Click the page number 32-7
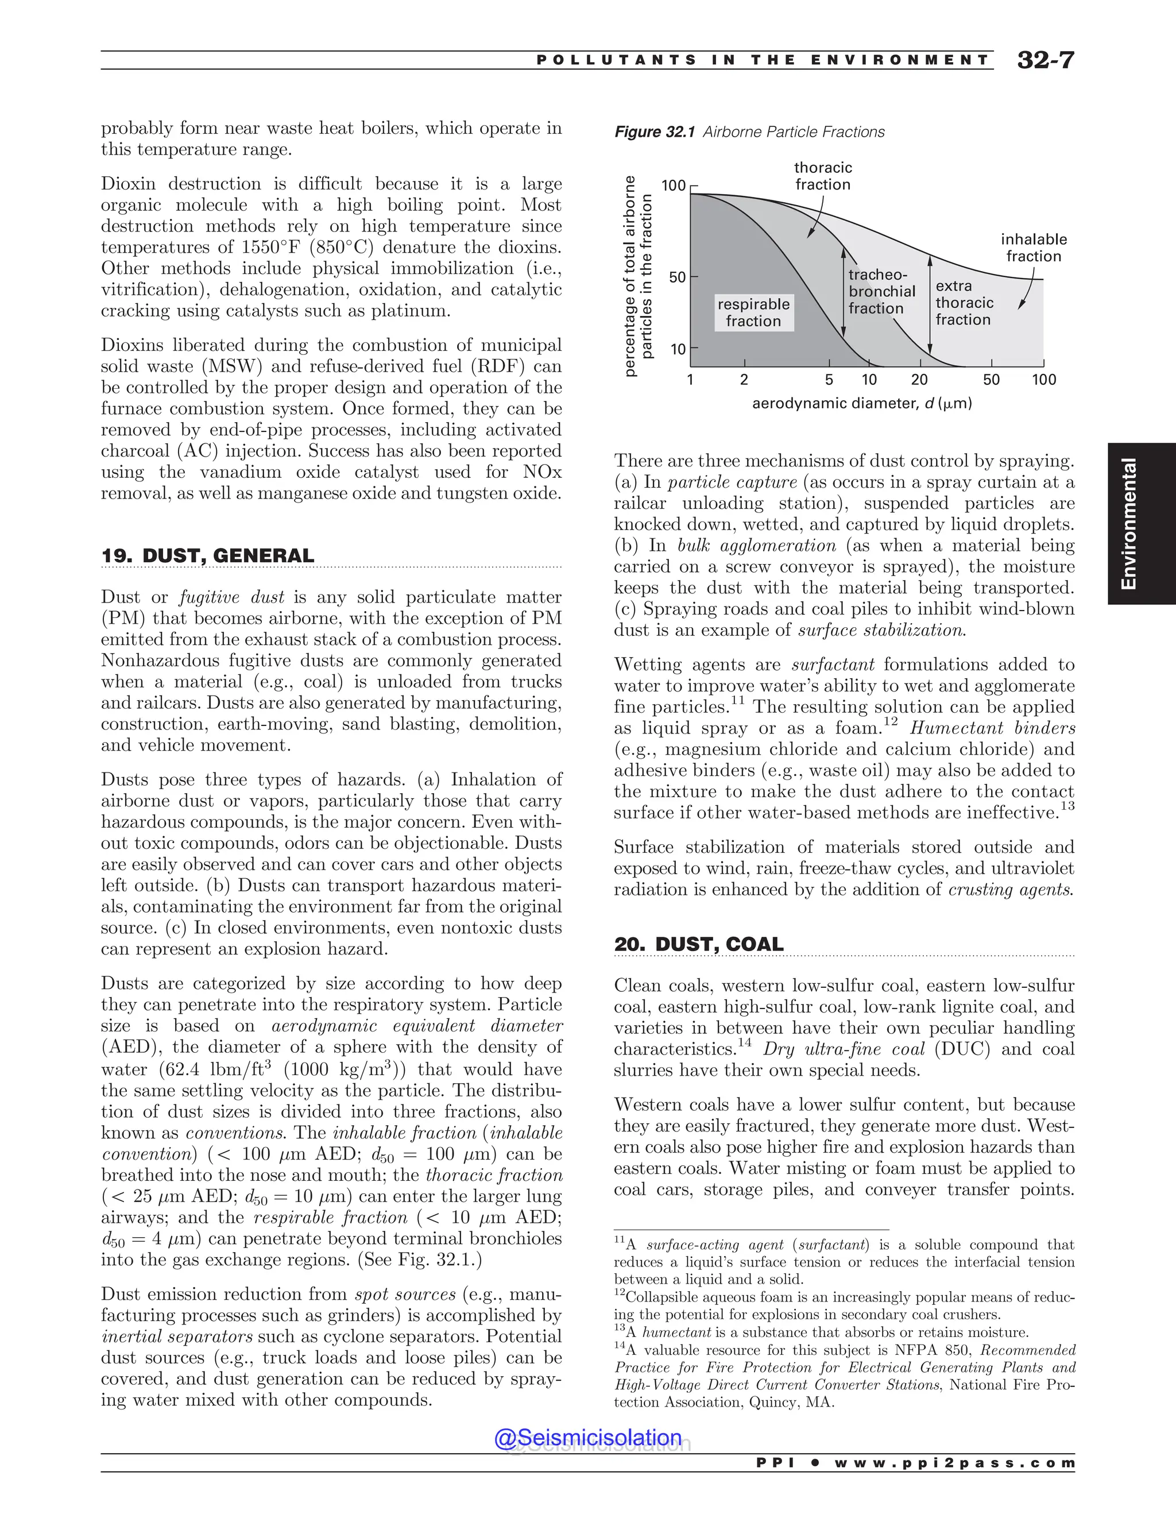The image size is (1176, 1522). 1045,60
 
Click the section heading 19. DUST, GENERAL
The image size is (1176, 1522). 208,555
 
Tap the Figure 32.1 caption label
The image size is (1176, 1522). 654,132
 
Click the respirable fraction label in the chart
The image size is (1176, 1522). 753,312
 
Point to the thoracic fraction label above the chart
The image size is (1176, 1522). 823,176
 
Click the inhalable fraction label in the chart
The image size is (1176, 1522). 1033,248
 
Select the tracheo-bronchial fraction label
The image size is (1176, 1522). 881,291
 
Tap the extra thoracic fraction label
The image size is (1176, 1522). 964,303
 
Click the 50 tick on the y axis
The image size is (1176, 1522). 677,277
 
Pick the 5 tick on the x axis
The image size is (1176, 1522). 829,380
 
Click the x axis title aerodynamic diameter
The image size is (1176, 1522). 861,404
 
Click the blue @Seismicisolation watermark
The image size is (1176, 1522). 587,1437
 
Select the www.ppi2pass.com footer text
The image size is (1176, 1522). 954,1463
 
